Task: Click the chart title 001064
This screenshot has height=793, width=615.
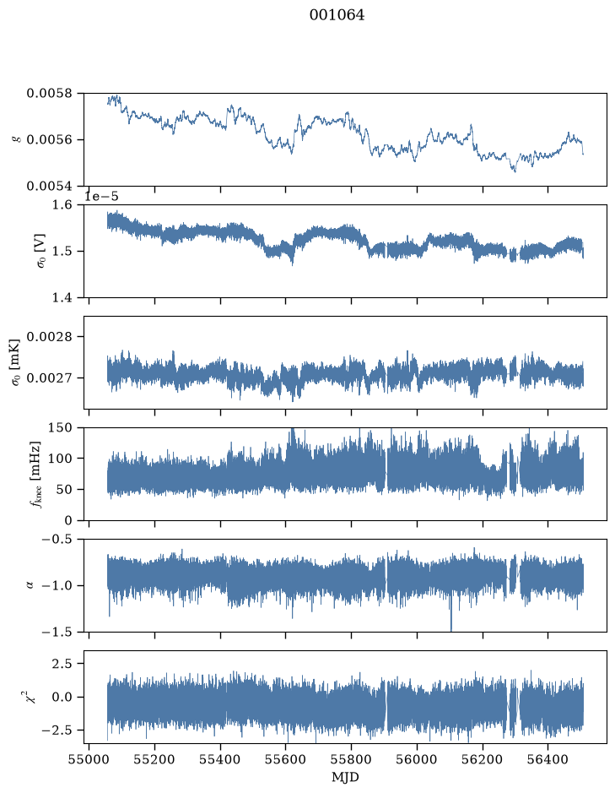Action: [x=337, y=15]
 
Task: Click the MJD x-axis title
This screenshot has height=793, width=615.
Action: [x=345, y=777]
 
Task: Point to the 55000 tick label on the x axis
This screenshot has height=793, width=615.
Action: [x=89, y=760]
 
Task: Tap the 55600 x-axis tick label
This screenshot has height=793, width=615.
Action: [x=286, y=760]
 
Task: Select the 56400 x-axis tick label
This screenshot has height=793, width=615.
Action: [x=548, y=760]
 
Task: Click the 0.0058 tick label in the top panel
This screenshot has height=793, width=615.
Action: [x=49, y=94]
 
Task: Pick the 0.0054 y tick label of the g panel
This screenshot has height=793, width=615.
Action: [x=49, y=186]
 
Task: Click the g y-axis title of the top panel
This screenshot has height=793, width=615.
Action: [x=16, y=139]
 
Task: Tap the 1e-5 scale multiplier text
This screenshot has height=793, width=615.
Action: [x=101, y=196]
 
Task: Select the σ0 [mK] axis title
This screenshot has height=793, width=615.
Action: [x=16, y=362]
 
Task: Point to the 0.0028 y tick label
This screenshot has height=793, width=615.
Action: [x=49, y=337]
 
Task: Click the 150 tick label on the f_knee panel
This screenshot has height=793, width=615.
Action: [x=60, y=428]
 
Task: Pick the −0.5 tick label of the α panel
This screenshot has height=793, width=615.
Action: [x=57, y=539]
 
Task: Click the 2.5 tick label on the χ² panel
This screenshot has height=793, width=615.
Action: [x=62, y=664]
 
